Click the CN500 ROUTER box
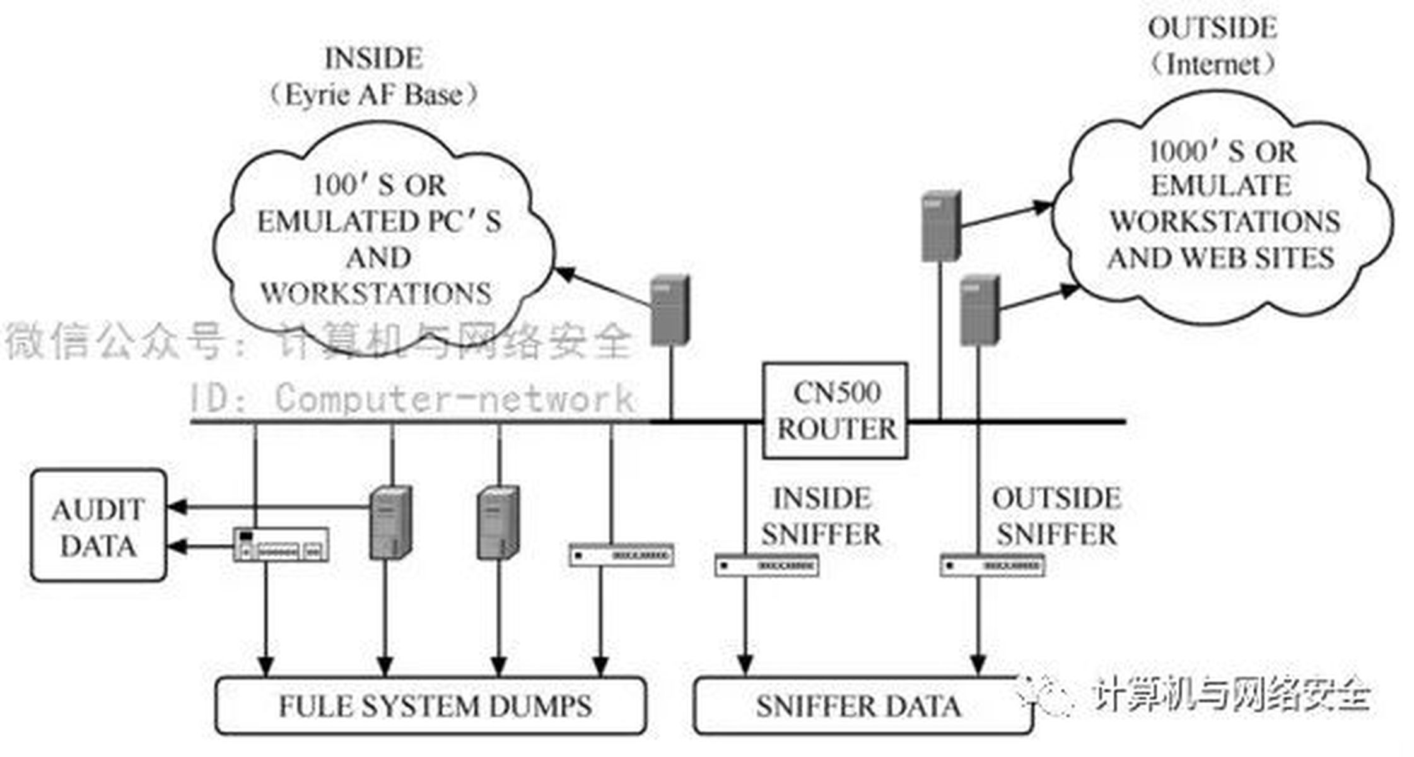835,411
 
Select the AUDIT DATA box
98,527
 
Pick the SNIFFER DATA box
862,706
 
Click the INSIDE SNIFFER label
821,516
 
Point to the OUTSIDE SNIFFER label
1056,516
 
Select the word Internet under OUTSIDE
1213,64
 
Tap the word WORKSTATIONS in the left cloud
377,294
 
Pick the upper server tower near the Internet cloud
941,226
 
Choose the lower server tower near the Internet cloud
979,310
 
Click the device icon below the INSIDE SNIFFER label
767,565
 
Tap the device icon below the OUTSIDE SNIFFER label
992,565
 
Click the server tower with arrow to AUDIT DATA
391,522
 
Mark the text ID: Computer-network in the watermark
411,399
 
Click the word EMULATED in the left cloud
338,222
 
